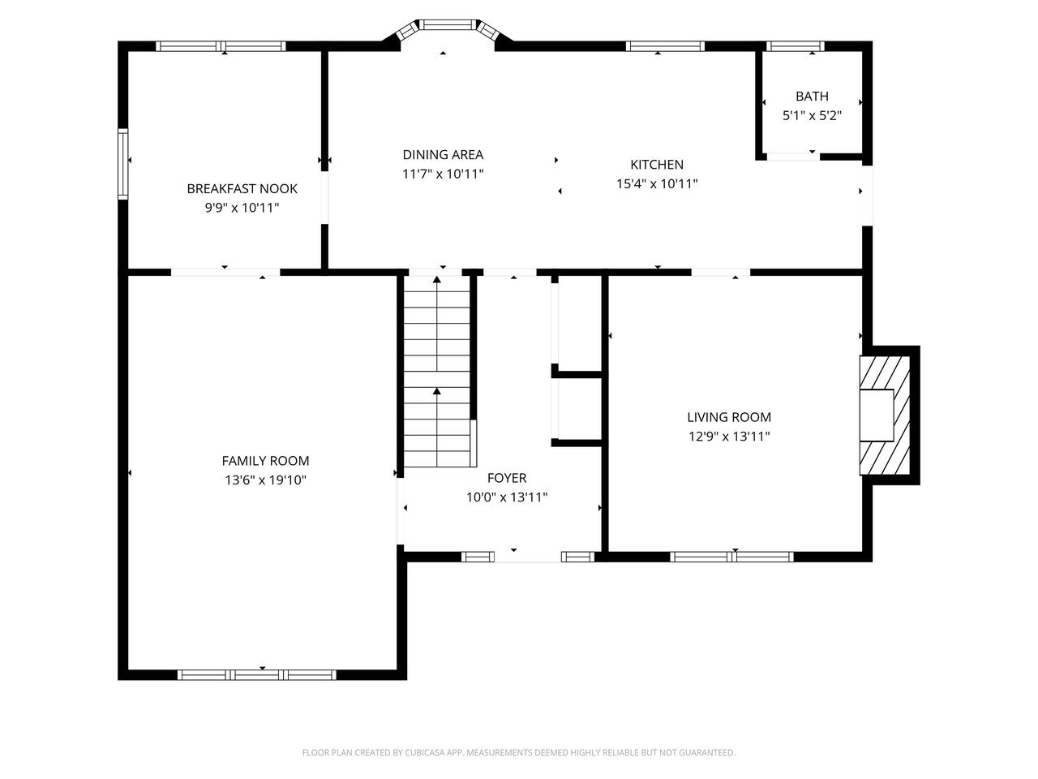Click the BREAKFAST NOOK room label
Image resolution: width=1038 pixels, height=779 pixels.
[x=242, y=189]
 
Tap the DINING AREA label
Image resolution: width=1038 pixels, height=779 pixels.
[x=443, y=155]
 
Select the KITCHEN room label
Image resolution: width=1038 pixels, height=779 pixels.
[x=657, y=165]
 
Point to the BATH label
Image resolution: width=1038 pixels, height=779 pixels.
[x=812, y=97]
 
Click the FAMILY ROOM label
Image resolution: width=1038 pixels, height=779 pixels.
[x=265, y=461]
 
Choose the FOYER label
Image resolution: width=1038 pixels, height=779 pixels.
[x=507, y=478]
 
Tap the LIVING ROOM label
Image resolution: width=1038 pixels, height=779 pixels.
[x=729, y=417]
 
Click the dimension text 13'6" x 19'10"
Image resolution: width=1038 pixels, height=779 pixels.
[x=265, y=480]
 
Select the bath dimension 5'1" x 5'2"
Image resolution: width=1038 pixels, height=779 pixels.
[x=812, y=115]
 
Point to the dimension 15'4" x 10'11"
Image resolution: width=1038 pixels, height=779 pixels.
[x=657, y=183]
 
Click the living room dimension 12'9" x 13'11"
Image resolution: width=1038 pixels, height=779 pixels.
[x=729, y=436]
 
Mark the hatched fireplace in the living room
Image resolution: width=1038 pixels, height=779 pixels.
[x=884, y=415]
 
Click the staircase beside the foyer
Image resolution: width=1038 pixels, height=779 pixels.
[x=437, y=372]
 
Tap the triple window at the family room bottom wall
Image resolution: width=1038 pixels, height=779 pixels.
[x=257, y=675]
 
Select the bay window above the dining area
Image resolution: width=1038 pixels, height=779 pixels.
[x=448, y=29]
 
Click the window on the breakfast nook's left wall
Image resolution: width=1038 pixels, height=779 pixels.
[x=123, y=164]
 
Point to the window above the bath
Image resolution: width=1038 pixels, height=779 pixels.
[x=795, y=46]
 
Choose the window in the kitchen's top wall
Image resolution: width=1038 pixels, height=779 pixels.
[x=665, y=46]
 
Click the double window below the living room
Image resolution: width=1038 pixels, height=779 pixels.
[x=731, y=557]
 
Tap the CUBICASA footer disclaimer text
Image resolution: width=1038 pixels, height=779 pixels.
[x=519, y=752]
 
